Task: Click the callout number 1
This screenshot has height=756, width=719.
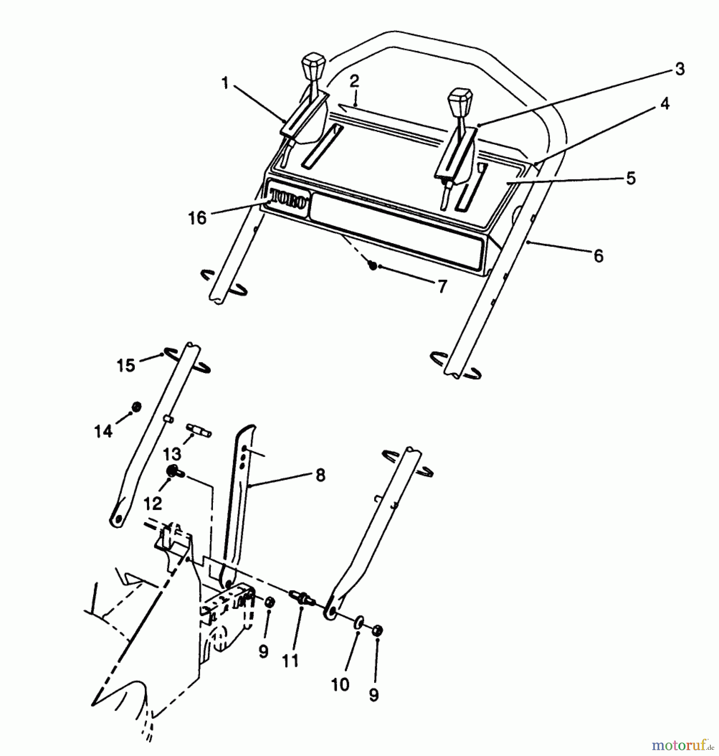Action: pyautogui.click(x=226, y=83)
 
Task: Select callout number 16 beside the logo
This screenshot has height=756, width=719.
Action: pyautogui.click(x=197, y=218)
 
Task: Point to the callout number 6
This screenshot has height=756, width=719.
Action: pyautogui.click(x=598, y=256)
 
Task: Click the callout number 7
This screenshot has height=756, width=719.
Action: pyautogui.click(x=442, y=287)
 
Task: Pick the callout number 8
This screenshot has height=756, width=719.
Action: pyautogui.click(x=320, y=475)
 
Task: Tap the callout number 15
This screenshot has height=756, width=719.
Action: pyautogui.click(x=126, y=365)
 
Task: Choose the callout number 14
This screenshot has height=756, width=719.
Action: pyautogui.click(x=103, y=431)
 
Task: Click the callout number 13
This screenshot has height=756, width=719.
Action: pyautogui.click(x=172, y=454)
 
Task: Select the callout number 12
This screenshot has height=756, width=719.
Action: pyautogui.click(x=152, y=504)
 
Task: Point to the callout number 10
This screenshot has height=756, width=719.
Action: pyautogui.click(x=340, y=685)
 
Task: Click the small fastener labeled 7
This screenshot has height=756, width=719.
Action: pyautogui.click(x=372, y=265)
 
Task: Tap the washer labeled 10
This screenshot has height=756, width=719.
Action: pyautogui.click(x=359, y=622)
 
